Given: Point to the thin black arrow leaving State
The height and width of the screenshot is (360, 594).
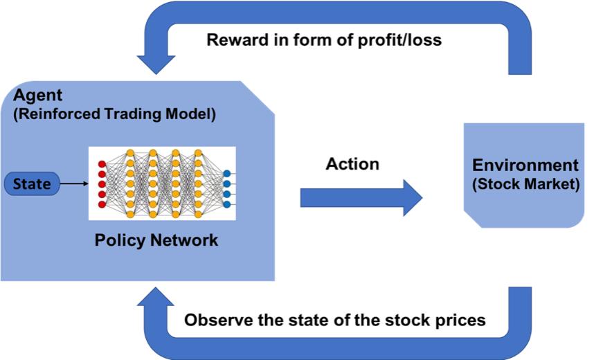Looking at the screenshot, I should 73,184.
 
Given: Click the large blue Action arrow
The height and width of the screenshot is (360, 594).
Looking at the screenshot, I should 361,197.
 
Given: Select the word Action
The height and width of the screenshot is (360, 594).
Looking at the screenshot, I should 352,164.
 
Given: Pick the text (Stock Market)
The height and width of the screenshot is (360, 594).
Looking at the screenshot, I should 525,185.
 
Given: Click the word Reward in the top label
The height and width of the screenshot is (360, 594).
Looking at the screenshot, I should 235,39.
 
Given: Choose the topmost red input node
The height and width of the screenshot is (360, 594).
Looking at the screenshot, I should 102,164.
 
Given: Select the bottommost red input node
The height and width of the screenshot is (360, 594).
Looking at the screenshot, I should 102,204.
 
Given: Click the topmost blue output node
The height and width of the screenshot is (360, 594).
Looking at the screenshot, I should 227,174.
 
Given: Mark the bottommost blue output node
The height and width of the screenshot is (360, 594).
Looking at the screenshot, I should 227,204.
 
